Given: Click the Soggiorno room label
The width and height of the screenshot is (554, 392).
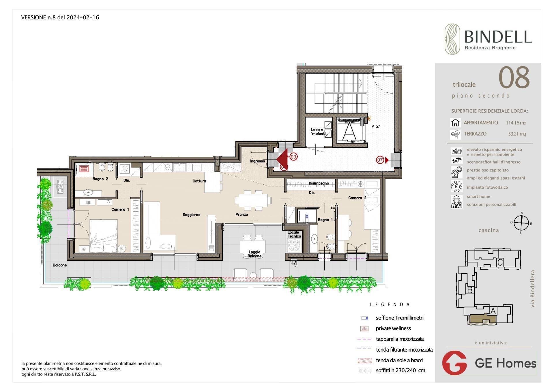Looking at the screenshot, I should tap(191, 215).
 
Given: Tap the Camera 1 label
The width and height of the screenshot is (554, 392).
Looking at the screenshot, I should tap(120, 209).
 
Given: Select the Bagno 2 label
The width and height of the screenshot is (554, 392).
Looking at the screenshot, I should tap(100, 179).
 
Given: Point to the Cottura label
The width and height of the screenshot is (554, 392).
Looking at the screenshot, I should tap(199, 181).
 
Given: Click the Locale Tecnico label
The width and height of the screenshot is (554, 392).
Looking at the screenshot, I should tap(294, 234).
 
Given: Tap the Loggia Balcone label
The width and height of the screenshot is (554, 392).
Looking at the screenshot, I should tap(254, 254).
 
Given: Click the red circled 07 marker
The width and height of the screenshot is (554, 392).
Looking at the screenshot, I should tap(380, 160).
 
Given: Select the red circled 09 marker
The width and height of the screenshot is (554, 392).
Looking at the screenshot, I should tap(293, 157).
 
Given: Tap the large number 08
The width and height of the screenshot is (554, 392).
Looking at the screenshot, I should tap(514, 78).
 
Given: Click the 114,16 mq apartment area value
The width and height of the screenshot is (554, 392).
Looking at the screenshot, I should tap(516, 123).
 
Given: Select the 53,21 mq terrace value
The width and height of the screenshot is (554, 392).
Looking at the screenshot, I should tap(517, 134).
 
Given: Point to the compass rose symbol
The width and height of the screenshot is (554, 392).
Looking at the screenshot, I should tap(521, 223).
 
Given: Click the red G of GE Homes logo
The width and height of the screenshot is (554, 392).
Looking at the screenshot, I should tap(454, 363).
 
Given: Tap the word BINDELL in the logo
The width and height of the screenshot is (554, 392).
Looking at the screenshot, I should tap(498, 37).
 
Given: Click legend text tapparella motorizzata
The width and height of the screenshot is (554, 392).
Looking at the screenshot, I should tap(400, 339).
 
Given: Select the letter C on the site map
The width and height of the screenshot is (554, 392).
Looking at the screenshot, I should tap(500, 262).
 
